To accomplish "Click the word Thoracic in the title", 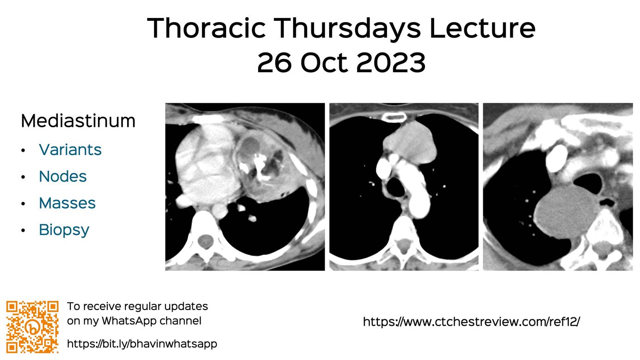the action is coord(206,28).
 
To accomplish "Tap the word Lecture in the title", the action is coord(482,28).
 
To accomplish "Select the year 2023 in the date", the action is coord(391,62).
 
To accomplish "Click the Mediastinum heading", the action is coord(78,121).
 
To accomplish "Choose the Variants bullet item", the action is coord(70,149).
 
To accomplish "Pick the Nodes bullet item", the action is coord(63,176).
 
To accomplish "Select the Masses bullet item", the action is coord(68,203).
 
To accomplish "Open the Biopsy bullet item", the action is coord(64,230).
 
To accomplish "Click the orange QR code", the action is coord(32,327).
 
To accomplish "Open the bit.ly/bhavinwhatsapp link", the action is coord(142,343).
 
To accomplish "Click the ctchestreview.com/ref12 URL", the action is coord(471,322).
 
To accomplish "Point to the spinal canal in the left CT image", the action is coord(205,241).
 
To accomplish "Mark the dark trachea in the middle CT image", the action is coord(395,187).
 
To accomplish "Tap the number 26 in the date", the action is coord(274,62).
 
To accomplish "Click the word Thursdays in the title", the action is coord(348,28).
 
